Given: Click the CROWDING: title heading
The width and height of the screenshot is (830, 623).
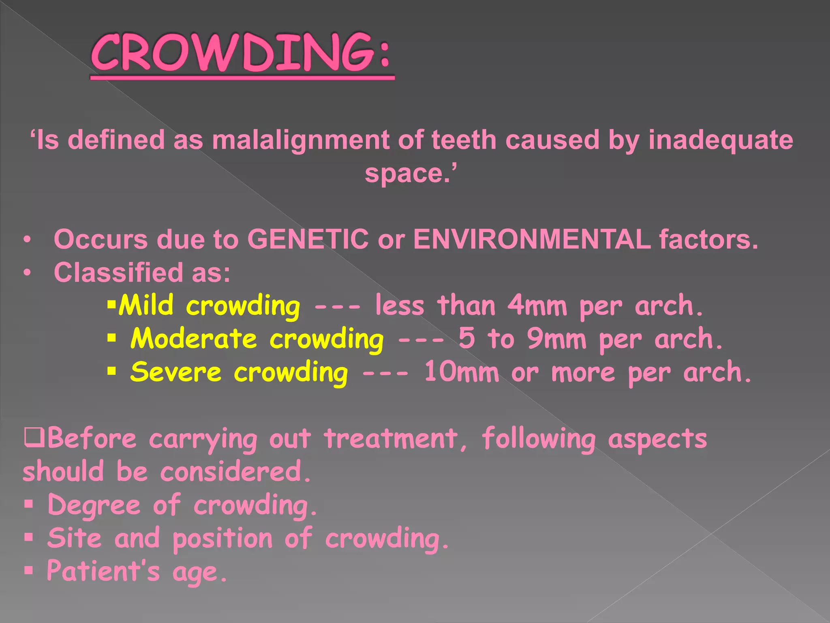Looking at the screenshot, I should coord(242,53).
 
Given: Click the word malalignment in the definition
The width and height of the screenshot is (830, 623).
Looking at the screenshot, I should coord(300,140).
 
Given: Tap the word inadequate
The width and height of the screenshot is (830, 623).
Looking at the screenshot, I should coord(721,140).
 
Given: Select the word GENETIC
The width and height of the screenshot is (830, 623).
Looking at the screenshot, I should coord(308,239).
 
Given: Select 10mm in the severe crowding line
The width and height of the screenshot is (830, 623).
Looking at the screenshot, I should coord(461,372).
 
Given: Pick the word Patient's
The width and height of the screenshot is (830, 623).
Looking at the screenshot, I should coord(103,571).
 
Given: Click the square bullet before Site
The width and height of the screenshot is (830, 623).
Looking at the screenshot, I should coord(28,538).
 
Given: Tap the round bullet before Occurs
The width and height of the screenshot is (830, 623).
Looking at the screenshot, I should coord(27,239).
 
